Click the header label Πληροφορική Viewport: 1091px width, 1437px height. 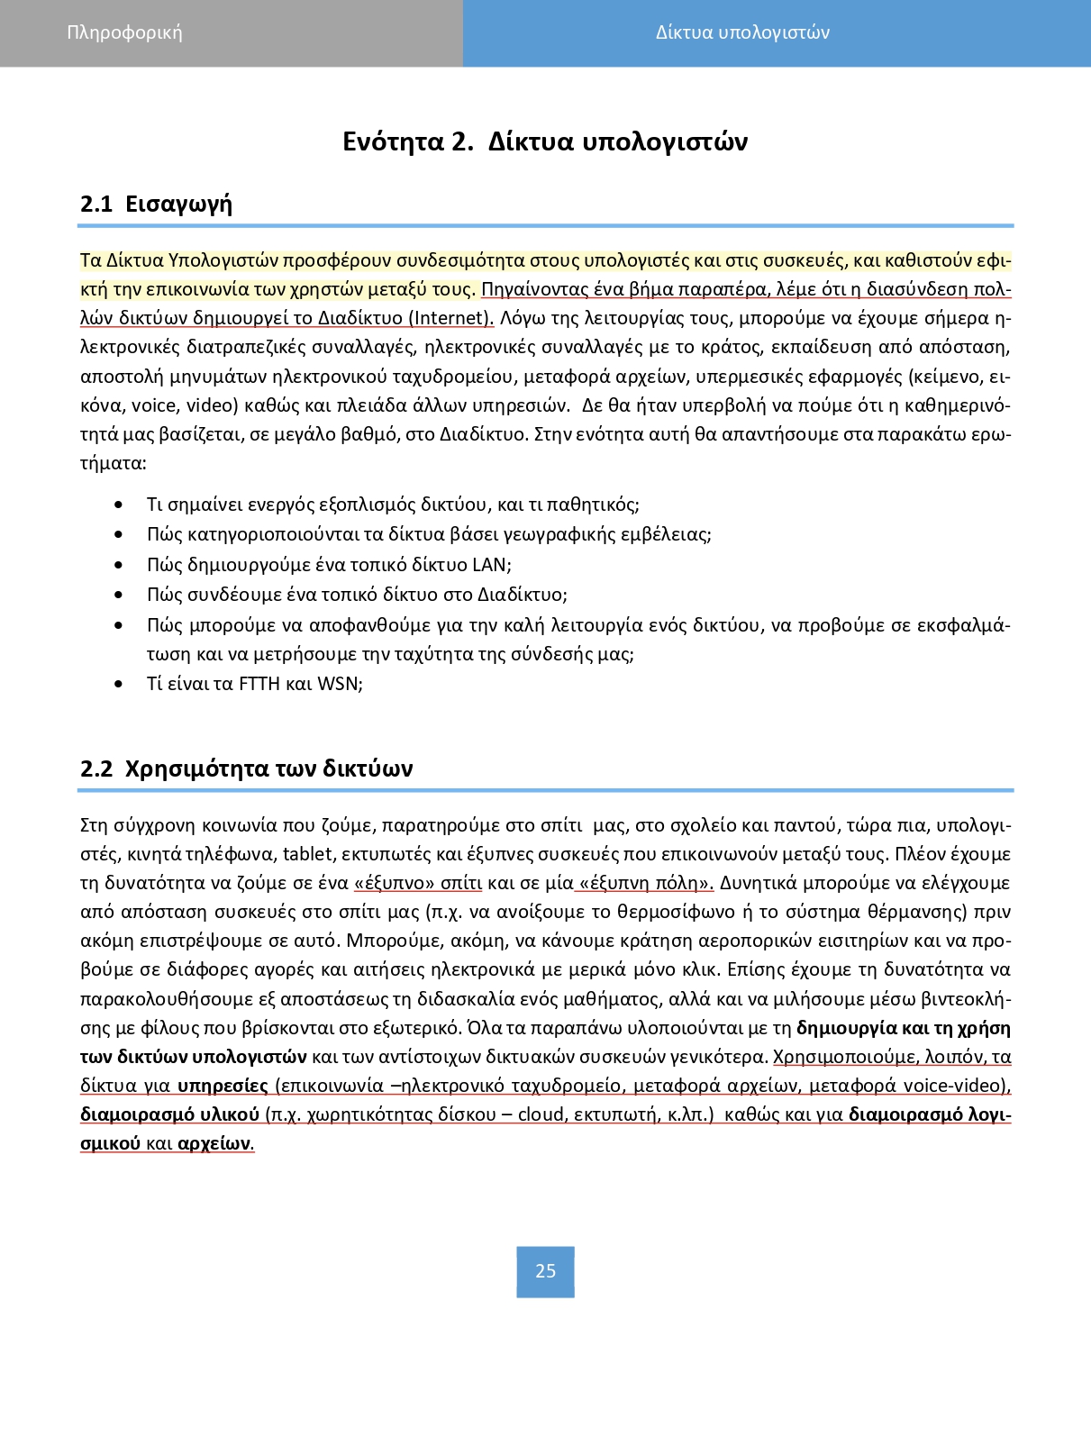[124, 33]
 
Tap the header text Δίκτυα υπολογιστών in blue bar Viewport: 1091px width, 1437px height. [742, 33]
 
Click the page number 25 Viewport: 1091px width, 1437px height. [545, 1271]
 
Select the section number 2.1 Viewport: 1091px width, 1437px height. [96, 204]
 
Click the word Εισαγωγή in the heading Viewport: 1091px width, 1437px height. [178, 204]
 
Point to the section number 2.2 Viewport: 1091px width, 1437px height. [96, 769]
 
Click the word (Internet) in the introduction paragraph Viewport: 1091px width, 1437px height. [450, 318]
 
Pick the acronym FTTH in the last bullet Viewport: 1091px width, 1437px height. [259, 684]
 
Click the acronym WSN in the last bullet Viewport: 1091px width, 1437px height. [338, 684]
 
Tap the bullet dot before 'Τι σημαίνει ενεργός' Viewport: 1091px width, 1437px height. [119, 505]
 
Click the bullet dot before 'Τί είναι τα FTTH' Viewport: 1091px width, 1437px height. [119, 685]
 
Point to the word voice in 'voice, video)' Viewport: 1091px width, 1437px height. [154, 405]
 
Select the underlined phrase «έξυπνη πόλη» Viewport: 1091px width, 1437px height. [645, 883]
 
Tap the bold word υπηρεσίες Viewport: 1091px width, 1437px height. [223, 1086]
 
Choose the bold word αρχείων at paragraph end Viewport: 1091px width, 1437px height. [214, 1144]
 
